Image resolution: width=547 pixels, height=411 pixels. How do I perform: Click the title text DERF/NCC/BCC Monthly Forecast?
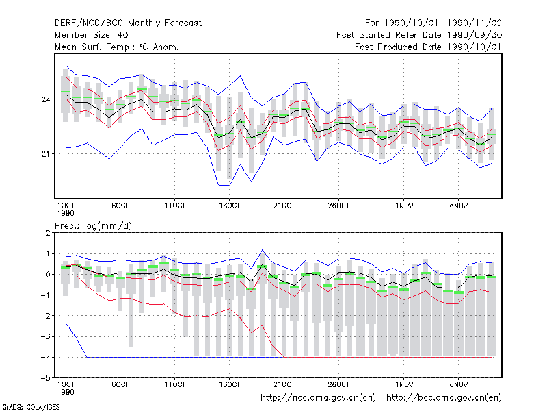128,23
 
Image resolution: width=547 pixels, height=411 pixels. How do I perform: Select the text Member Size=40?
92,35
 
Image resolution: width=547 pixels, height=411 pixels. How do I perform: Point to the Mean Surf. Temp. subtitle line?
117,47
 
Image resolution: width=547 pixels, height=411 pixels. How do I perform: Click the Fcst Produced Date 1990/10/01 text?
428,47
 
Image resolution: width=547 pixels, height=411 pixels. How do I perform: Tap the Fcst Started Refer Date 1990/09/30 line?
419,35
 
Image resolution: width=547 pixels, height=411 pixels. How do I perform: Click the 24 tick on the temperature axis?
46,99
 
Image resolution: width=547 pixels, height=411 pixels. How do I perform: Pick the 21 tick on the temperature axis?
46,153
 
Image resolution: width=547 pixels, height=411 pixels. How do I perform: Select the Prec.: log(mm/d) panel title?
93,226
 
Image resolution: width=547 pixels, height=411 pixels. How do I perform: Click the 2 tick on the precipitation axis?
48,233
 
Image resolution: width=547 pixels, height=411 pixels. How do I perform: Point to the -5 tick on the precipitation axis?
46,378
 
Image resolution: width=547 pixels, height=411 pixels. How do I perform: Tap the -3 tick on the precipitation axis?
46,336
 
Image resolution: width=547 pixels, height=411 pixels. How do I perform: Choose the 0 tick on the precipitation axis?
48,275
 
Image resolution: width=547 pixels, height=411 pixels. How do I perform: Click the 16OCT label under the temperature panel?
229,206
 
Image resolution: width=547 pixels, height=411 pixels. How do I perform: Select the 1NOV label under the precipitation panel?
404,384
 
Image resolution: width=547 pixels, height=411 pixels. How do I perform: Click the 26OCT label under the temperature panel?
338,206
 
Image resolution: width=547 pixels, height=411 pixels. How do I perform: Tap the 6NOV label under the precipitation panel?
458,384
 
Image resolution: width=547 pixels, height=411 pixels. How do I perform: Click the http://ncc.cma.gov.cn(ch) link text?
318,398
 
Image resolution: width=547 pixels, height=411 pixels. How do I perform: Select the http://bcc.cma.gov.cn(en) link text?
444,398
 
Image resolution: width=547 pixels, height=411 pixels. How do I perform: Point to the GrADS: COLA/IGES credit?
31,407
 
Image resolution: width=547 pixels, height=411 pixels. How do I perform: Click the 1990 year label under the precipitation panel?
66,392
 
